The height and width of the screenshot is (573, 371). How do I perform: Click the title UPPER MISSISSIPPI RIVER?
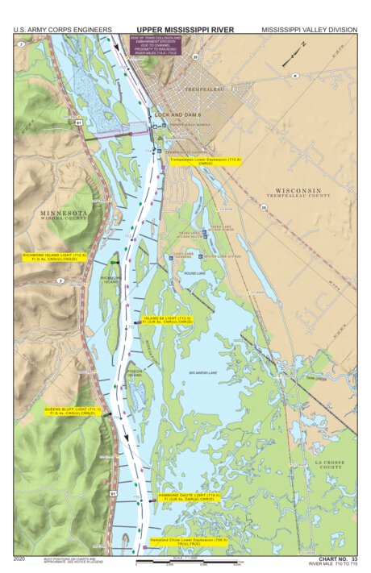[185, 30]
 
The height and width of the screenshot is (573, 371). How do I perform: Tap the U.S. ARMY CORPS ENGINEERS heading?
[62, 30]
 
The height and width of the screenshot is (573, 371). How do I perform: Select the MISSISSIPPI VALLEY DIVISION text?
[309, 30]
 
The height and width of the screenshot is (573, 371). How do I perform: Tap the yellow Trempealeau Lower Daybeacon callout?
[199, 161]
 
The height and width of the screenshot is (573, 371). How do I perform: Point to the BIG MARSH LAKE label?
[203, 372]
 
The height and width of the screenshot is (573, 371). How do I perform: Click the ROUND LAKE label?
[194, 273]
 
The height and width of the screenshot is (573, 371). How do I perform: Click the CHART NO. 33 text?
[338, 558]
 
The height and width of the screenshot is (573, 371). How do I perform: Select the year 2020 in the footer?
[21, 558]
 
